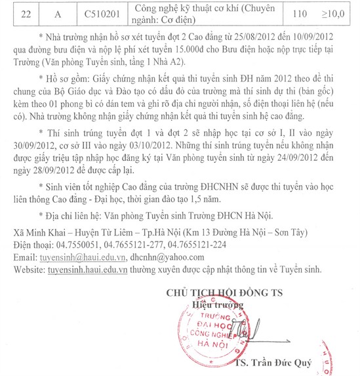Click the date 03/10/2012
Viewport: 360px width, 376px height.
pyautogui.click(x=149, y=165)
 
